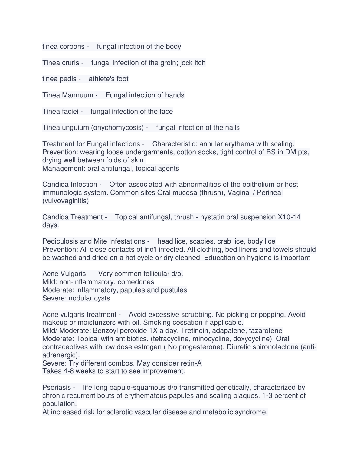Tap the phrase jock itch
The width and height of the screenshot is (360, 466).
point(193,63)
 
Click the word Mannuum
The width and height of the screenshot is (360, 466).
point(77,95)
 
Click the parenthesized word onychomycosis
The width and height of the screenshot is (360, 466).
point(117,128)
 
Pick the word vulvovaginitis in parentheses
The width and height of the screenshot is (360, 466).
point(66,201)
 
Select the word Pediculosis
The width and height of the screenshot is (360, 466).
point(60,241)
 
